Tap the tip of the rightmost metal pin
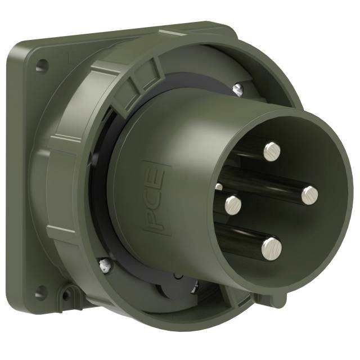tap(309, 194)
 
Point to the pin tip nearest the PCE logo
tap(233, 205)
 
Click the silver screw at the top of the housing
tap(238, 87)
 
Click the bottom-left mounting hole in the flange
tap(39, 292)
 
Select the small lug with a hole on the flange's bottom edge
tap(69, 294)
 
